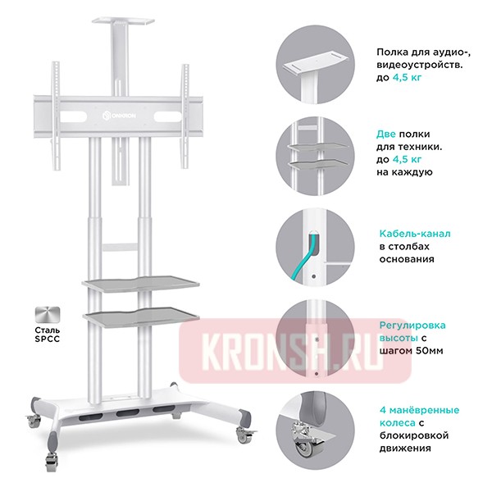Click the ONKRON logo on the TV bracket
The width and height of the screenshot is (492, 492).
(120, 115)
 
